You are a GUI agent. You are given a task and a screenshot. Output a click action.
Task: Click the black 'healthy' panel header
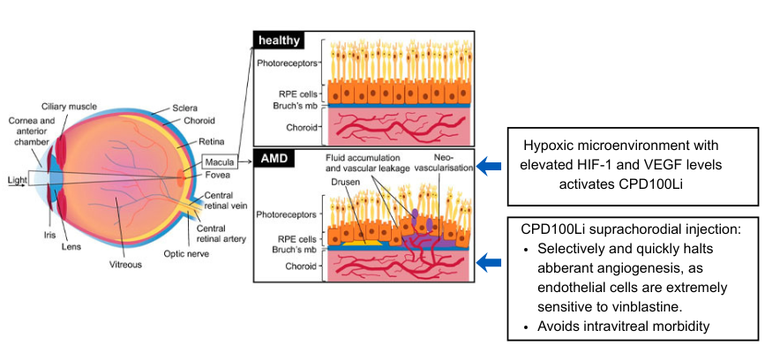click(279, 41)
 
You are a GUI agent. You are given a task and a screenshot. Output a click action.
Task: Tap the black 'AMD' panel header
click(274, 159)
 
